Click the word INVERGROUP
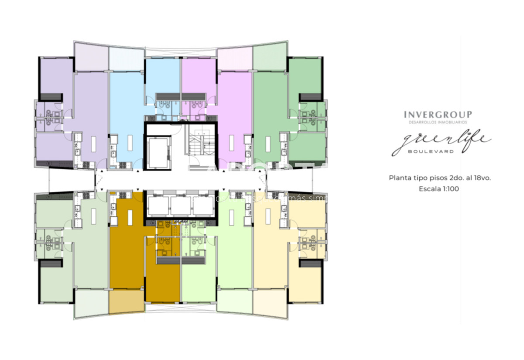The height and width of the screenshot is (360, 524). click(438, 115)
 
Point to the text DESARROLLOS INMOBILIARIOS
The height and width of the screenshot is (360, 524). click(438, 122)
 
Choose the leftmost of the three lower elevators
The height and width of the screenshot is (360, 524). click(158, 205)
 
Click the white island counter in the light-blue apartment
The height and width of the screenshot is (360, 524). click(130, 143)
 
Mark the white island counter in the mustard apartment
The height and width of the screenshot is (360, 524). click(130, 217)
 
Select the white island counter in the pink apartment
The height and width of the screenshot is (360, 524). click(231, 143)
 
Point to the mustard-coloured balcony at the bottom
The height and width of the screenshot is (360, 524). click(126, 301)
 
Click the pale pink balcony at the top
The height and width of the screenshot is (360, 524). click(235, 58)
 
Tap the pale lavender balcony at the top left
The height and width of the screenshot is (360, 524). click(91, 56)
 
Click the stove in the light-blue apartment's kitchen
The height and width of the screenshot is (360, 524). click(123, 165)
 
